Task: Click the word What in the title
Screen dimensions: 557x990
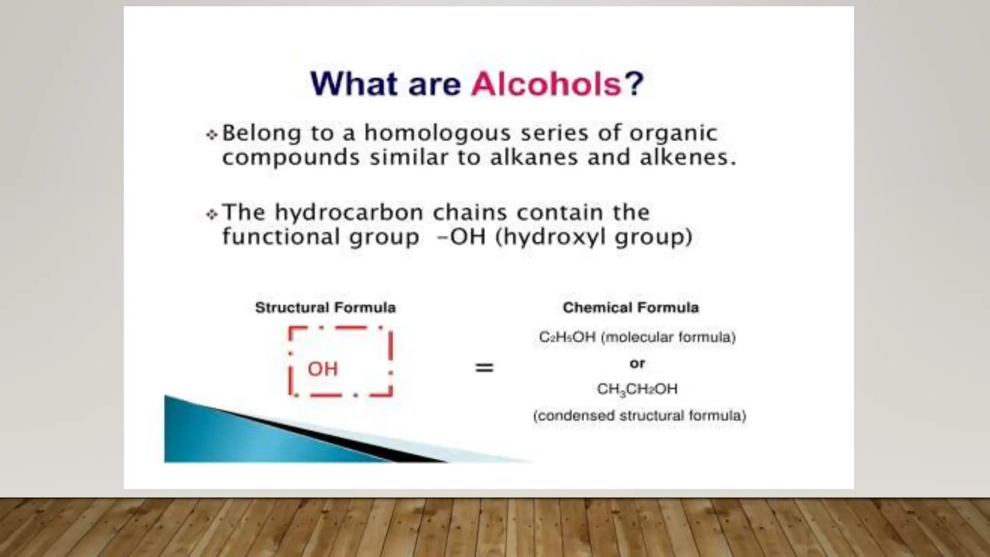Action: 353,84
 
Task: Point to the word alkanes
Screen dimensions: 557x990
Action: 534,158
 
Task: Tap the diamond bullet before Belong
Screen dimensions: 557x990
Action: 212,134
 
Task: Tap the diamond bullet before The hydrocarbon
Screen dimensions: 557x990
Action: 212,214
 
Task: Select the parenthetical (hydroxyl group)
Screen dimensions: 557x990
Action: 594,237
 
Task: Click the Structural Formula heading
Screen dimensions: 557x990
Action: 325,308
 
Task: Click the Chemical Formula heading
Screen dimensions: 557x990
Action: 631,308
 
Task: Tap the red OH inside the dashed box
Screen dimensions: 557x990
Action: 322,369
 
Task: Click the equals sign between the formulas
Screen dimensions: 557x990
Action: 484,368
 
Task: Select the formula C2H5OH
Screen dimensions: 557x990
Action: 567,337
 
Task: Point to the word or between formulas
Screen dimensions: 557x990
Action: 637,363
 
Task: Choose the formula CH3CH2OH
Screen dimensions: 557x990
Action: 637,389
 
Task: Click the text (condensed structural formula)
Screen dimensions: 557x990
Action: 640,416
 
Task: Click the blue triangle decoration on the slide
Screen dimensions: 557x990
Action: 232,435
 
